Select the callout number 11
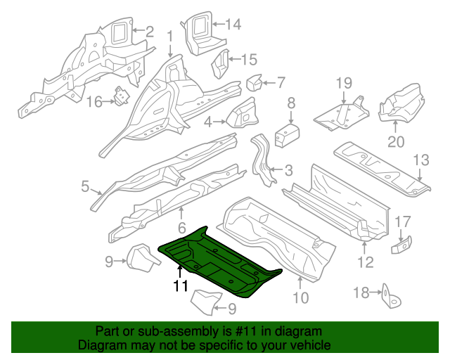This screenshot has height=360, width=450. tap(181, 286)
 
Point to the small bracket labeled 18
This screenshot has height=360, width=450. tap(387, 296)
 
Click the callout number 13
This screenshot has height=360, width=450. tap(420, 161)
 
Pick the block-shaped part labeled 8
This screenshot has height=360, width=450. tap(286, 134)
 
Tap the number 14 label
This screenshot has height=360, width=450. tap(232, 25)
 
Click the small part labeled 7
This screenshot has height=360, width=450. tap(253, 84)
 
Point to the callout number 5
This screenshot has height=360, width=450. tap(85, 186)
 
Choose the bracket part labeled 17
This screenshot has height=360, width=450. tap(402, 245)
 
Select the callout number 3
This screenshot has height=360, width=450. tap(288, 170)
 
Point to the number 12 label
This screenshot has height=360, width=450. tap(366, 264)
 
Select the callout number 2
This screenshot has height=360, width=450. tap(149, 30)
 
